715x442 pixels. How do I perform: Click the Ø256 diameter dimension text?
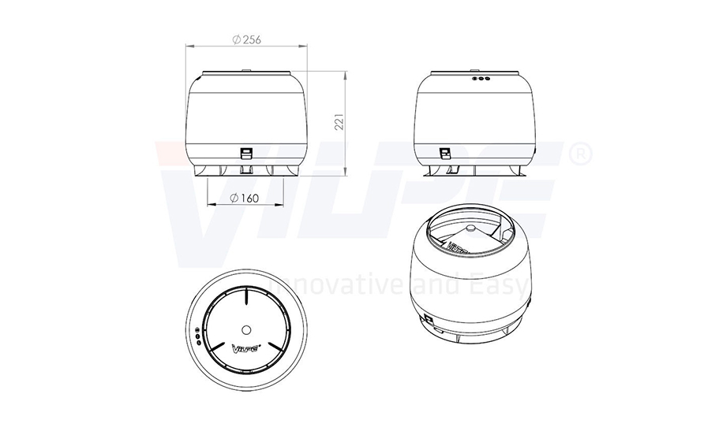[x=247, y=39]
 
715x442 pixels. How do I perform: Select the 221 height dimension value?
[x=339, y=122]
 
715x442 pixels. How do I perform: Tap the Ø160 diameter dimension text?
[x=245, y=198]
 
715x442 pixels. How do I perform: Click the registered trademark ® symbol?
[x=581, y=154]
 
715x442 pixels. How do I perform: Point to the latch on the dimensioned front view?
[x=246, y=154]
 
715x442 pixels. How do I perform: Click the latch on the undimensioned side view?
[x=444, y=154]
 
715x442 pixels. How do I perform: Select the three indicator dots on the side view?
[x=481, y=78]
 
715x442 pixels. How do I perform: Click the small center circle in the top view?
[x=246, y=329]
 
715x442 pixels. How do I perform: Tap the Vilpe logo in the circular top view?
[x=246, y=349]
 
